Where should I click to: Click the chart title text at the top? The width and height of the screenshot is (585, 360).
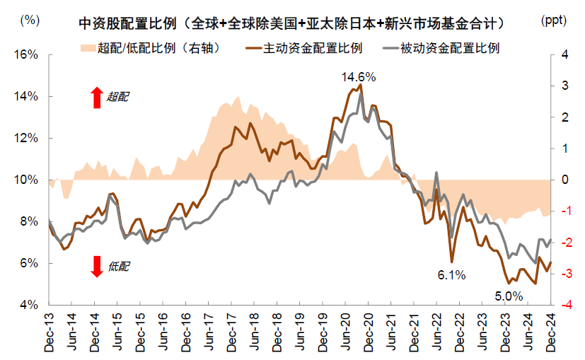coord(291,23)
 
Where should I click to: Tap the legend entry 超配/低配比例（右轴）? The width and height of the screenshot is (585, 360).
coord(163,50)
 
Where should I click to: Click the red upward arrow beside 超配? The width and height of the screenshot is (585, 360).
coord(97,97)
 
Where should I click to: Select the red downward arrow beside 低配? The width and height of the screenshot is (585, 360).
coord(97,266)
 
